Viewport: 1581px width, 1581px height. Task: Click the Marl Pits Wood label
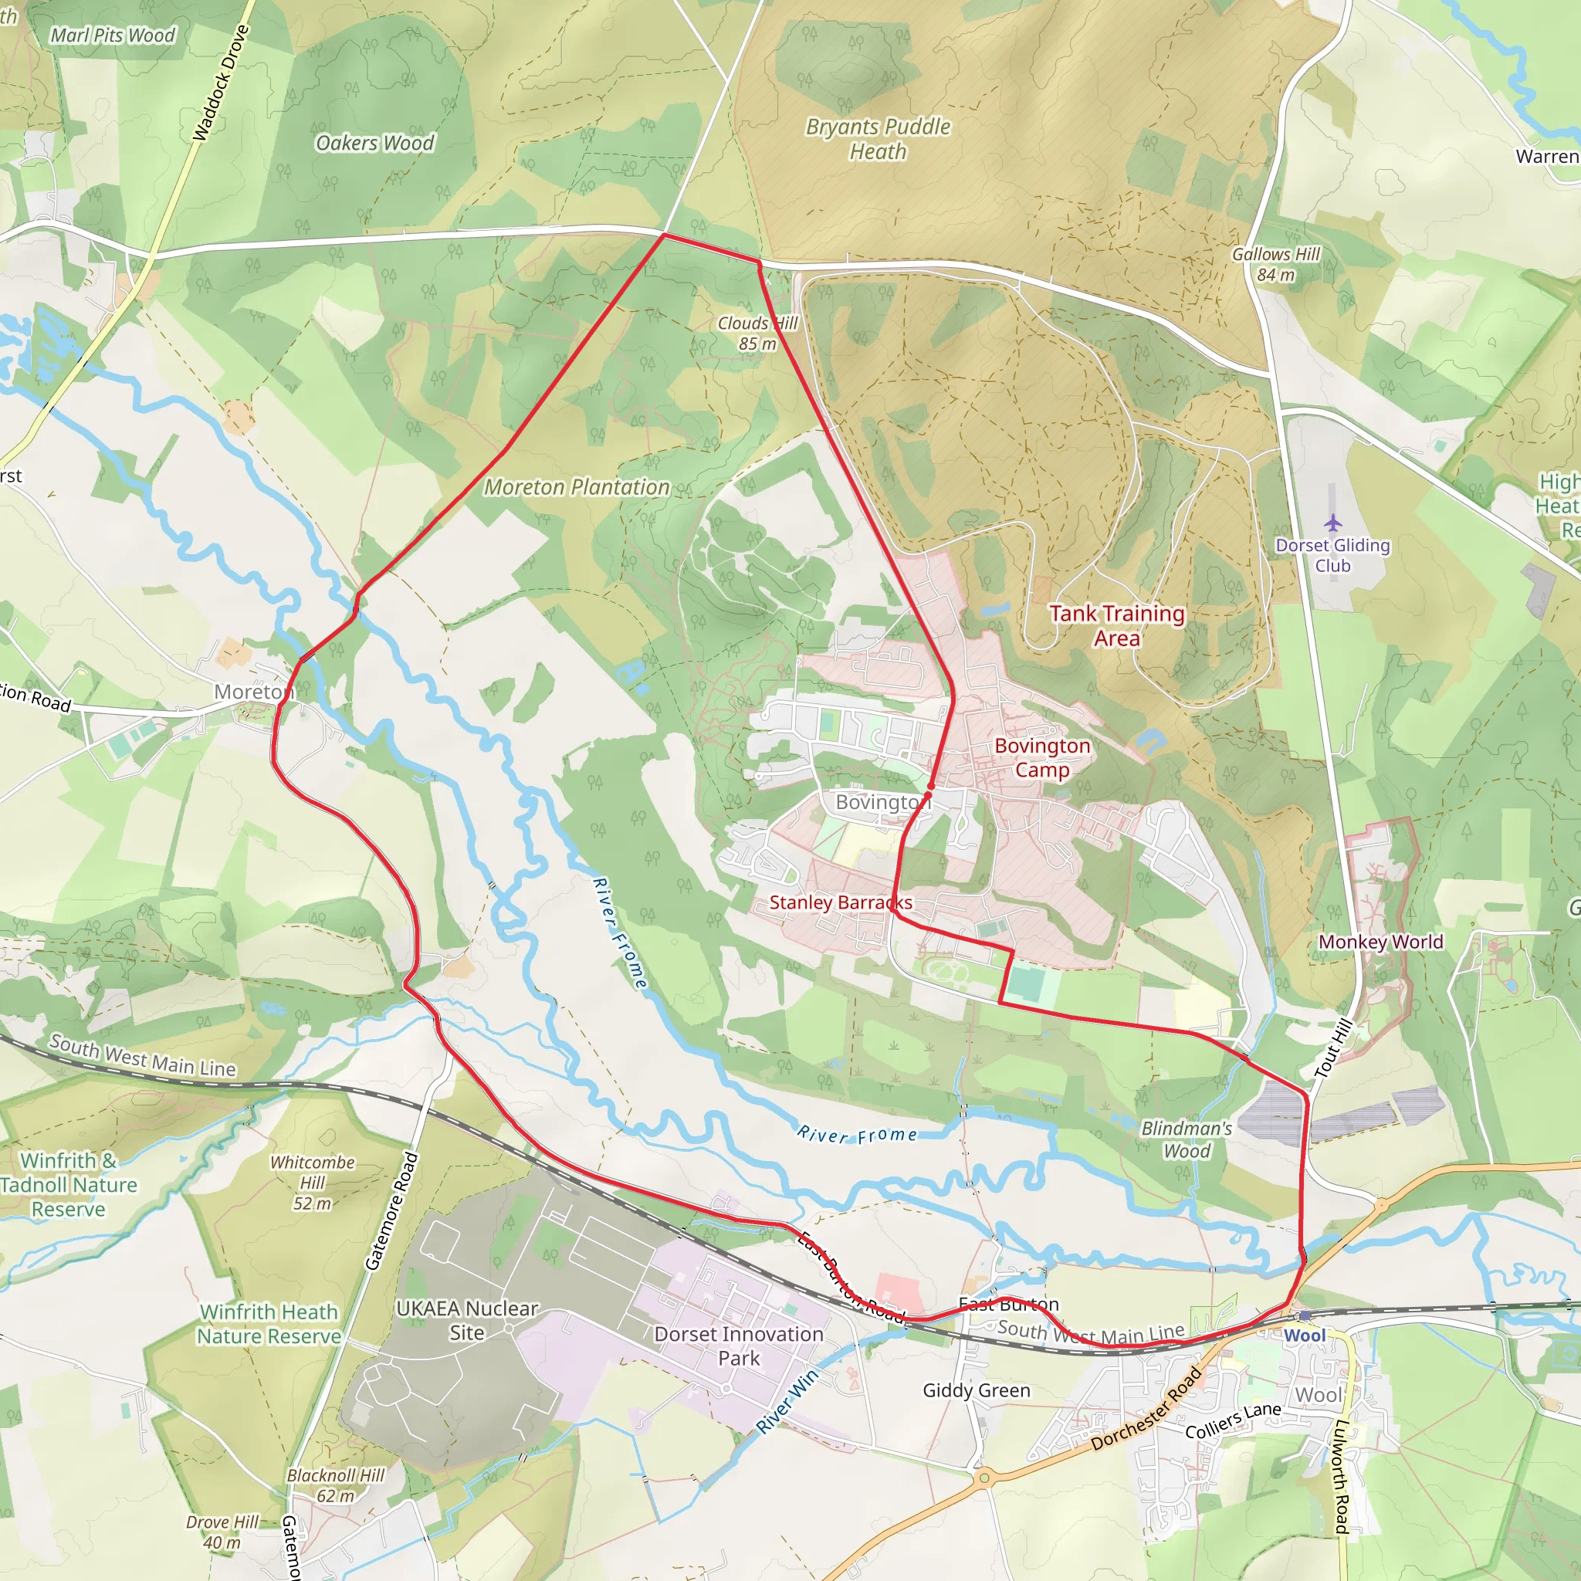pos(112,36)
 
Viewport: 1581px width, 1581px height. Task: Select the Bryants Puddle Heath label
pos(878,139)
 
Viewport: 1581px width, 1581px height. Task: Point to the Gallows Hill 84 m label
pos(1276,264)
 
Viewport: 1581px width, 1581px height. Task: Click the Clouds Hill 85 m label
pos(757,333)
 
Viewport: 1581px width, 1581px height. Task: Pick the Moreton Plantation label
pos(576,488)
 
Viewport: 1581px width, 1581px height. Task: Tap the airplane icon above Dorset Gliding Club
pos(1333,522)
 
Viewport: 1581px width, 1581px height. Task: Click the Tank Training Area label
pos(1117,625)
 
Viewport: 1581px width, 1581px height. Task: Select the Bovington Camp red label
pos(1041,758)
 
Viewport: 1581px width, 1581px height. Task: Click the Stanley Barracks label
pos(841,902)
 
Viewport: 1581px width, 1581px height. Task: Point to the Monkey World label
pos(1380,942)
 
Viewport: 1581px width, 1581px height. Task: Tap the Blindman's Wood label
pos(1187,1139)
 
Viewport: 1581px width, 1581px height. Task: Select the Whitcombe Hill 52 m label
pos(313,1183)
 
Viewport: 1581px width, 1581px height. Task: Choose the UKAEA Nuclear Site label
pos(466,1321)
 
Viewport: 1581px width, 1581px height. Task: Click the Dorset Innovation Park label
pos(739,1346)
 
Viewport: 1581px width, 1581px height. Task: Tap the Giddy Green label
pos(977,1390)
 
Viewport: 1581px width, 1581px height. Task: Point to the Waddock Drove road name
pos(220,82)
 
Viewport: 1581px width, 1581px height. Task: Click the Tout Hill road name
pos(1332,1049)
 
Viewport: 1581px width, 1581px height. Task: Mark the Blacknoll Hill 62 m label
pos(336,1485)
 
